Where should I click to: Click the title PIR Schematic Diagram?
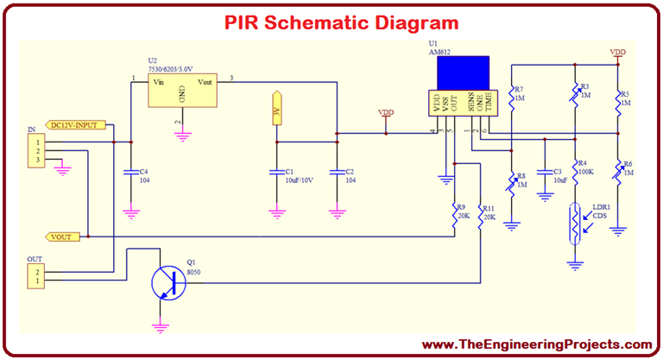click(331, 22)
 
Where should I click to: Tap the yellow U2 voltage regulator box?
click(182, 90)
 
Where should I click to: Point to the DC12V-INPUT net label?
click(77, 124)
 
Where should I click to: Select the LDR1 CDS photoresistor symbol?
click(575, 221)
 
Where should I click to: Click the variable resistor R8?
click(512, 185)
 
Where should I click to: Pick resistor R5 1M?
click(618, 101)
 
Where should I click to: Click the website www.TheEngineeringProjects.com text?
click(537, 344)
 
